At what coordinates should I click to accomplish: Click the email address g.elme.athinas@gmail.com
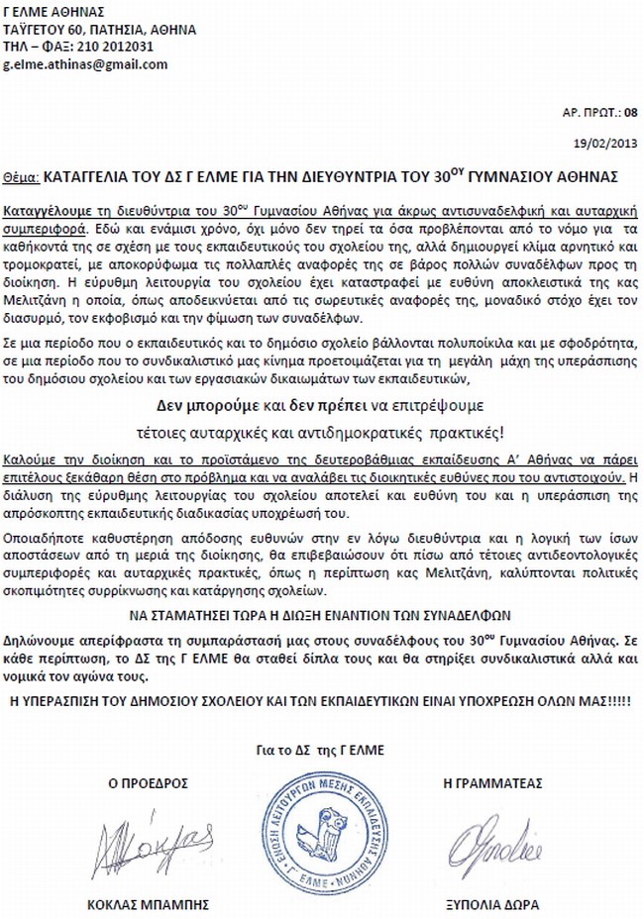86,64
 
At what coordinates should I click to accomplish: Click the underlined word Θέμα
20,177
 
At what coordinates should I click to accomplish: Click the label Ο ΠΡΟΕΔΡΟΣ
148,781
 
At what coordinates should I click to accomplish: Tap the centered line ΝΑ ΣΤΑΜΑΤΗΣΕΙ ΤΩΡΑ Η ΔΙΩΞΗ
321,613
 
